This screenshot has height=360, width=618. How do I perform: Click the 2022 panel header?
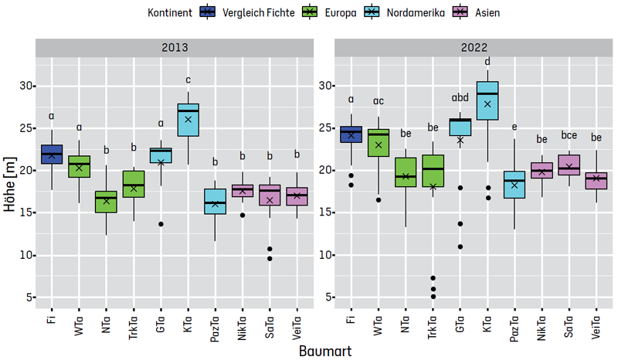pyautogui.click(x=474, y=47)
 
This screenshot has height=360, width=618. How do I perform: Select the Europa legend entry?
pyautogui.click(x=310, y=12)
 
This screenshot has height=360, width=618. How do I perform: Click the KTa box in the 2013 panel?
pyautogui.click(x=188, y=120)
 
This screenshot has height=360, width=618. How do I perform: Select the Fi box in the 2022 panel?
pyautogui.click(x=351, y=134)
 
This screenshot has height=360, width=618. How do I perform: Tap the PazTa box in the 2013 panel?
pyautogui.click(x=216, y=202)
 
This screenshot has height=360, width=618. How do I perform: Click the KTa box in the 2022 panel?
pyautogui.click(x=487, y=100)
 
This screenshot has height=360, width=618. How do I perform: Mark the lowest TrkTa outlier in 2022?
pyautogui.click(x=433, y=296)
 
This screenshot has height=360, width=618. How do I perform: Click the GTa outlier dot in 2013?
pyautogui.click(x=161, y=224)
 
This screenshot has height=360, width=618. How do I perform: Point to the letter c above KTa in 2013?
pyautogui.click(x=188, y=78)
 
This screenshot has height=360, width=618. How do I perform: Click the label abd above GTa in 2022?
pyautogui.click(x=460, y=97)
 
